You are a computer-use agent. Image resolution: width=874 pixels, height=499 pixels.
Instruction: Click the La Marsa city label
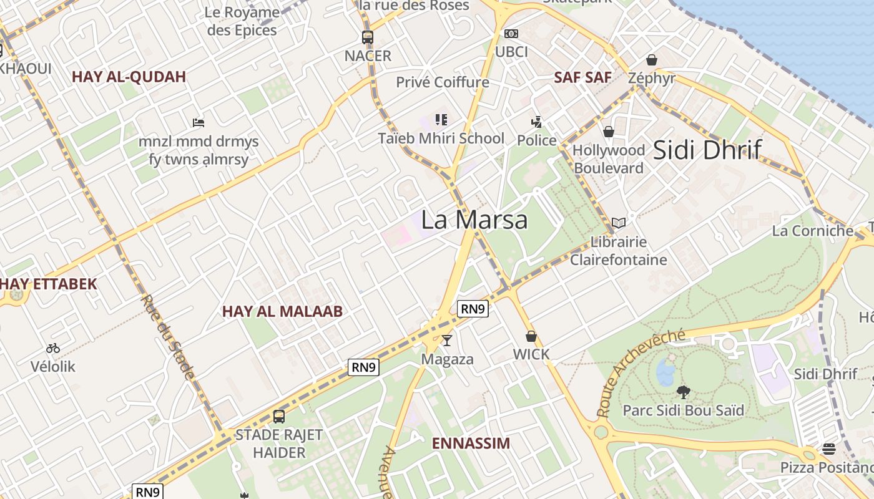[474, 220]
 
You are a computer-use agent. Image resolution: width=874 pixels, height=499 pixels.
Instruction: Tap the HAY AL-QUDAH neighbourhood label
[129, 77]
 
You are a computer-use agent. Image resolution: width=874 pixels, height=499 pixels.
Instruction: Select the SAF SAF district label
[582, 77]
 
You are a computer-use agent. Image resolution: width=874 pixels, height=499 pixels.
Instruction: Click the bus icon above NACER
[368, 37]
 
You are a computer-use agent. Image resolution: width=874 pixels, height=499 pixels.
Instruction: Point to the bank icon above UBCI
[511, 34]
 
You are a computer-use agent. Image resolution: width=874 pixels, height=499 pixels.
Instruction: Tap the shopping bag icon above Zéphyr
[652, 60]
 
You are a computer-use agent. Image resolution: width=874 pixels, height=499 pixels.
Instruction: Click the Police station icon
[536, 122]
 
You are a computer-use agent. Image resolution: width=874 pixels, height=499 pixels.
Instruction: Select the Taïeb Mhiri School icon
[441, 120]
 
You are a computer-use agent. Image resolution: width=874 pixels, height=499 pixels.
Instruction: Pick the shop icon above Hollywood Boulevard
[608, 132]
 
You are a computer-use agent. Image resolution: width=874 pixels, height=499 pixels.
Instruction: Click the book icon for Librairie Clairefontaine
[618, 223]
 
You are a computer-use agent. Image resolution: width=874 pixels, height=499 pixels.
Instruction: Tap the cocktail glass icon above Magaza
[447, 341]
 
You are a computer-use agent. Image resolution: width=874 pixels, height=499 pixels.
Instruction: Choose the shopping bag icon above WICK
[531, 336]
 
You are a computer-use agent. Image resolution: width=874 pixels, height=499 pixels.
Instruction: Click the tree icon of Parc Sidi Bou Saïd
[684, 392]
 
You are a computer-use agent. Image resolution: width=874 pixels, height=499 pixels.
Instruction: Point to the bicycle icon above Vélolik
[53, 348]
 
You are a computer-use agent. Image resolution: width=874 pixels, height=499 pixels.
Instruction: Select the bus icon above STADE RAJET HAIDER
[279, 416]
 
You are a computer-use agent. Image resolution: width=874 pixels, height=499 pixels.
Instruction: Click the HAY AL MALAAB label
[282, 311]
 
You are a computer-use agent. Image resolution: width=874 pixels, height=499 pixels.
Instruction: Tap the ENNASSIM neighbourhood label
[471, 443]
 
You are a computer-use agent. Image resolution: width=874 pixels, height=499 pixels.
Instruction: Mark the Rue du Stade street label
[167, 337]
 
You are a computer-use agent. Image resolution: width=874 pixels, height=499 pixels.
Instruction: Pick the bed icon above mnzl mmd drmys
[199, 123]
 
